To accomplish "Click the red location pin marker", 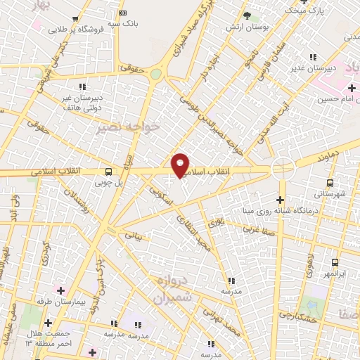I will [181, 165].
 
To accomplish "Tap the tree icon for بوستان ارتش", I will [246, 15].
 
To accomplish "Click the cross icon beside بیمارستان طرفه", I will [61, 290].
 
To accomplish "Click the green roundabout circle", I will [156, 74].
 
